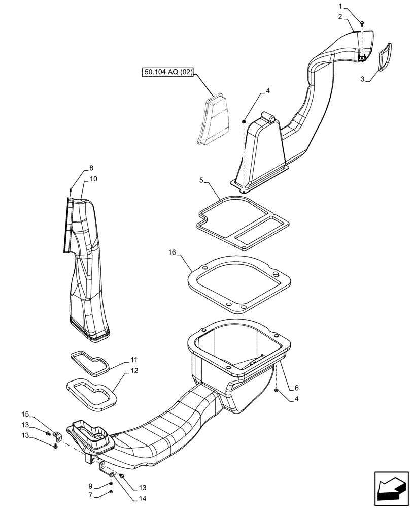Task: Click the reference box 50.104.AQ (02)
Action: point(168,73)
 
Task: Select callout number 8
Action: point(91,168)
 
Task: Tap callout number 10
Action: point(94,179)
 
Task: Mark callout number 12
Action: point(134,371)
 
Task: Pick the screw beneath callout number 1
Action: point(362,23)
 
